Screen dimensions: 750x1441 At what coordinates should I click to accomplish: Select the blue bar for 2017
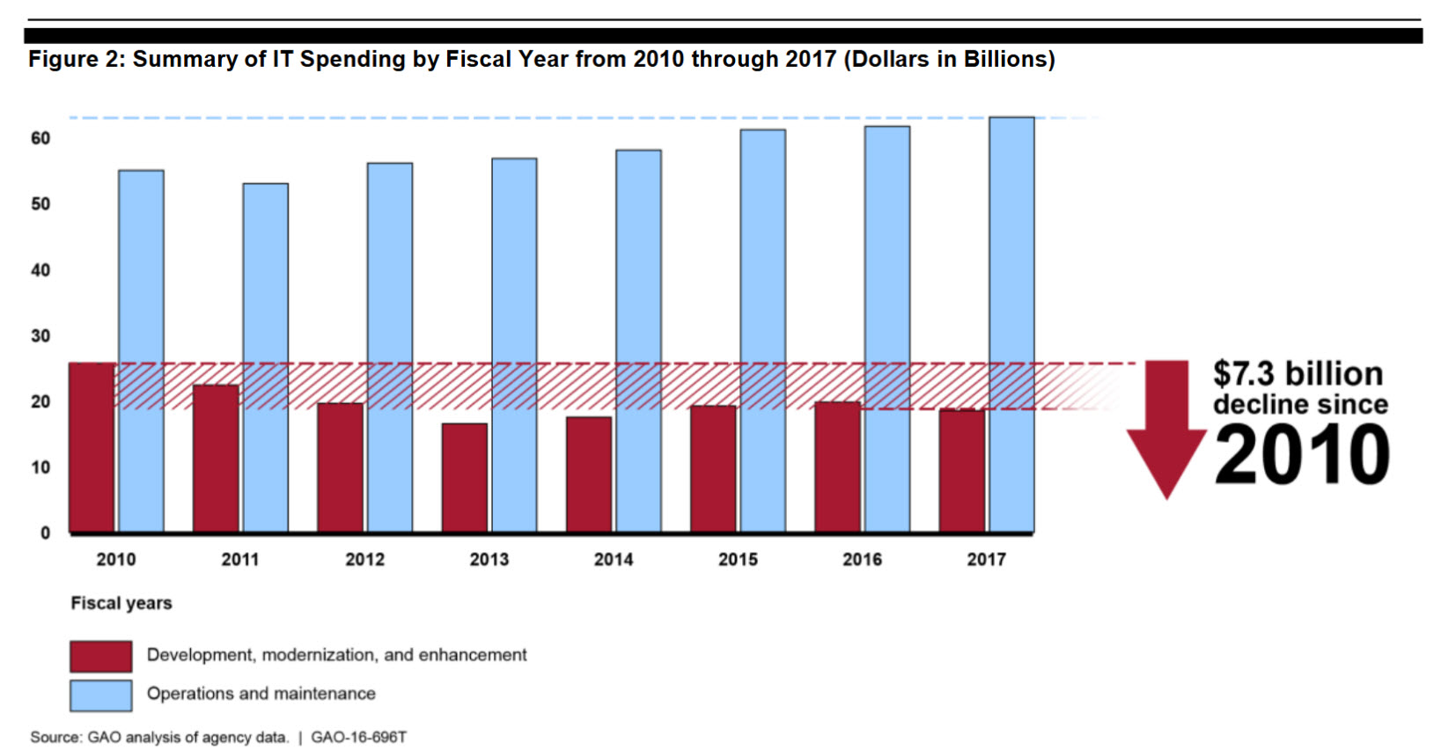(1011, 325)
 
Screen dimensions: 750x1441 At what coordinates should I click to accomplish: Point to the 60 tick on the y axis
(40, 138)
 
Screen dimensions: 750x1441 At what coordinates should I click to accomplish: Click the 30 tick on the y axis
(40, 335)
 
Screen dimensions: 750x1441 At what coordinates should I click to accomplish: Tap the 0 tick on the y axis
(45, 533)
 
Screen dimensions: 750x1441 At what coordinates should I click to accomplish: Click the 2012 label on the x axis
(364, 559)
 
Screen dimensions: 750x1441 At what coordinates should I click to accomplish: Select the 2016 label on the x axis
(862, 559)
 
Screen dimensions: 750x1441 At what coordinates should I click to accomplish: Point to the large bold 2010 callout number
(1302, 454)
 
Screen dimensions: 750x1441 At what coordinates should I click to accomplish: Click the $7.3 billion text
(1298, 373)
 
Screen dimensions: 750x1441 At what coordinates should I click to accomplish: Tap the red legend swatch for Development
(101, 656)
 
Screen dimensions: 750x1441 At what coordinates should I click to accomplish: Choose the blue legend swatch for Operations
(101, 695)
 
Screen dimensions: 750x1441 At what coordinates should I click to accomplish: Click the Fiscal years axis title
(121, 603)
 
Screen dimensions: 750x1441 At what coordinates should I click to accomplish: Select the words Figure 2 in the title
(76, 59)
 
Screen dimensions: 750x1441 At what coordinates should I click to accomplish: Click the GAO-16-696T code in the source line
(358, 737)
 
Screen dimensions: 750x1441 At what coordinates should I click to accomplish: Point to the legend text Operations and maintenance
(261, 694)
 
